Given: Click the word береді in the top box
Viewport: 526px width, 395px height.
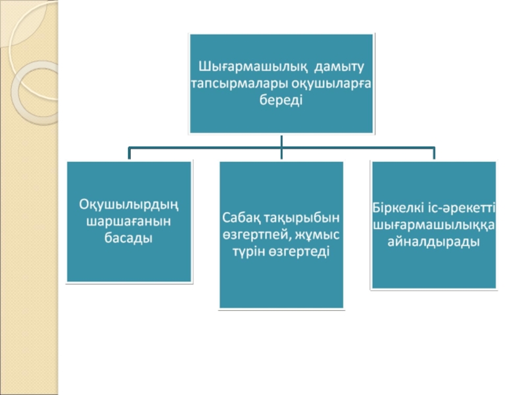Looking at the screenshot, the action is click(x=281, y=101).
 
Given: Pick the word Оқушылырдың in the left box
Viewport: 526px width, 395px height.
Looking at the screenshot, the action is click(x=129, y=205).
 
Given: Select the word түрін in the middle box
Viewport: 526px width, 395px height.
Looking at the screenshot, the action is click(x=249, y=251).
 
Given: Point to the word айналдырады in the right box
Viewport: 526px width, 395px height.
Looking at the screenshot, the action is click(x=433, y=242).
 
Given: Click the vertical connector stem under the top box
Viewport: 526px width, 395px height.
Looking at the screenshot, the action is click(x=281, y=141).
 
